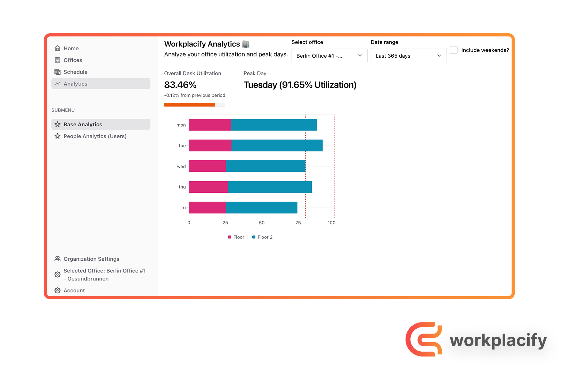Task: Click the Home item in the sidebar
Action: point(71,48)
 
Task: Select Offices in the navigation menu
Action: point(73,60)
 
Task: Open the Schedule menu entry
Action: point(75,72)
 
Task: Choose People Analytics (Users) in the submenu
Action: point(95,136)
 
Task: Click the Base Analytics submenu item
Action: point(83,124)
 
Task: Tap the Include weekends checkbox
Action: point(453,50)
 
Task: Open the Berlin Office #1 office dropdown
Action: point(329,56)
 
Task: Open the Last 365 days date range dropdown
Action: point(408,56)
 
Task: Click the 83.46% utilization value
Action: point(180,85)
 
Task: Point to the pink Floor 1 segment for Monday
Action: point(210,125)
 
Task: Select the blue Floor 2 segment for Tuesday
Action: point(277,145)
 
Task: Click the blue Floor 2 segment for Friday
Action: point(262,208)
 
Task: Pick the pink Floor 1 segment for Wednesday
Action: point(207,166)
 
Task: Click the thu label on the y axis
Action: point(182,187)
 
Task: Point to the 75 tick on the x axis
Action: point(298,223)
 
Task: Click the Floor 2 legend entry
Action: point(262,237)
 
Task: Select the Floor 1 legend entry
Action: point(238,237)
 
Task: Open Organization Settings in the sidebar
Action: point(91,259)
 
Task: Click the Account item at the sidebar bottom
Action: point(74,291)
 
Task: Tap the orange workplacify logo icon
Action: point(424,339)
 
